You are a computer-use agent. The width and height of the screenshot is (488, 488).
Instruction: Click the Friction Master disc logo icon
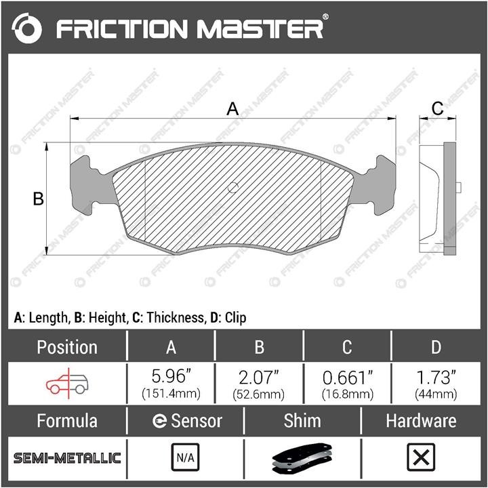(26, 28)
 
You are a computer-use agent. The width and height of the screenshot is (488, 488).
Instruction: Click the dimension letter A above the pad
(232, 109)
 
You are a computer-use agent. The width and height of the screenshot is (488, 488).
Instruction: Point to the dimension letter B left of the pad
(38, 199)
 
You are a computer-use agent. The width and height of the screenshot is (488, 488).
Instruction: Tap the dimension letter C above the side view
(437, 108)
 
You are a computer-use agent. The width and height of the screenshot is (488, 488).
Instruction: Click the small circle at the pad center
(233, 187)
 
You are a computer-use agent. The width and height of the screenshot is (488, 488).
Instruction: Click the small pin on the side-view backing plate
(458, 188)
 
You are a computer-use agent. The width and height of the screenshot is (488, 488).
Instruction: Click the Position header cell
(67, 347)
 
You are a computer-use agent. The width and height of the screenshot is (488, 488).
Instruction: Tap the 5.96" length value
(171, 376)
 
